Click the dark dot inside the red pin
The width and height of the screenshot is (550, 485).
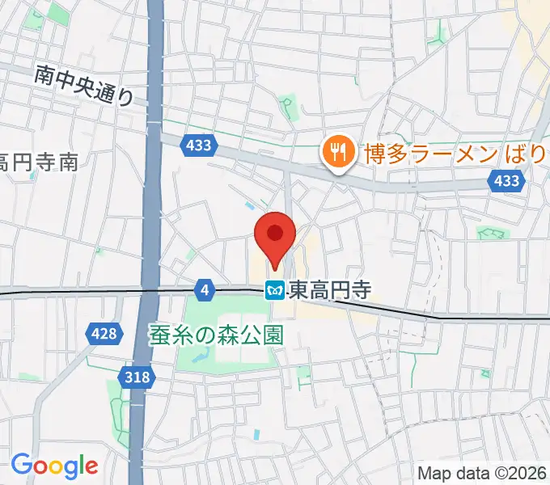point(275,234)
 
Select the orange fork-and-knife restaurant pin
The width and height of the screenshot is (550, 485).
point(335,151)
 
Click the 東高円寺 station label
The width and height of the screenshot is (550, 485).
point(328,289)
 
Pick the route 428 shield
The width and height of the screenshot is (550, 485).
point(104,332)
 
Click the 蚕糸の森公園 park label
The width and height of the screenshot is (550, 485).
point(216,335)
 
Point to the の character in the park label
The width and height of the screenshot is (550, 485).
point(202,335)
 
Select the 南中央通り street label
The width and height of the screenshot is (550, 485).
point(83,86)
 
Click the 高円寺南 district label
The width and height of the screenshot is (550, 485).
point(39,161)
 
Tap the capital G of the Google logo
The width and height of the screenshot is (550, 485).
point(22,465)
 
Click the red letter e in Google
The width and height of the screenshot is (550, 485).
point(91,466)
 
